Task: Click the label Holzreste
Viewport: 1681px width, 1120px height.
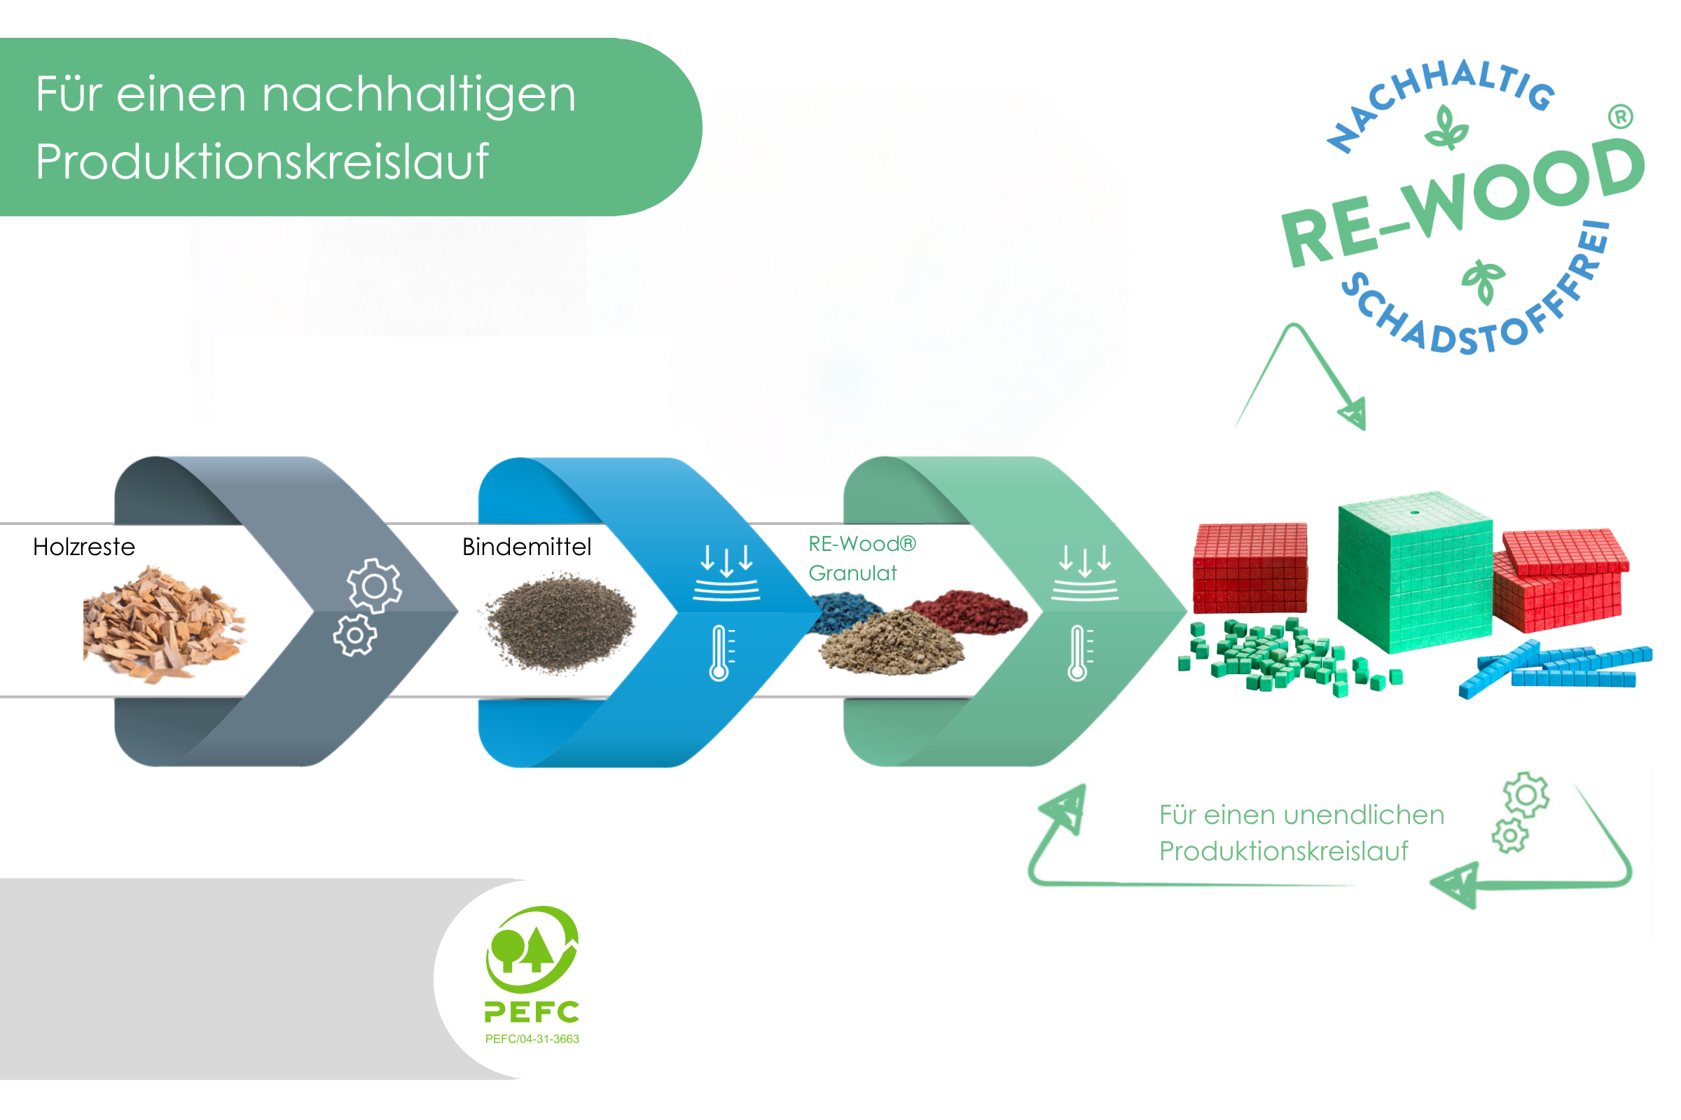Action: tap(83, 547)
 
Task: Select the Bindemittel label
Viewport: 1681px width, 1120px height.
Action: tap(527, 547)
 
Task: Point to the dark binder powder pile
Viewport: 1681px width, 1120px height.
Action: tap(560, 622)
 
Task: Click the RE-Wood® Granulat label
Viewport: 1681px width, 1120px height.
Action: tap(862, 559)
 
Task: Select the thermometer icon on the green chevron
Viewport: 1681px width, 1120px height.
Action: tap(1079, 653)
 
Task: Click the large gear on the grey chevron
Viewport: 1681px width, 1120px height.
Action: tap(374, 586)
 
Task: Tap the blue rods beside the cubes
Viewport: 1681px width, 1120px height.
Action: tap(1558, 668)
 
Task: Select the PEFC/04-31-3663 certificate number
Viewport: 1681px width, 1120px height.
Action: tap(532, 1039)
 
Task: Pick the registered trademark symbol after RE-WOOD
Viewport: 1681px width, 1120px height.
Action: tap(1621, 116)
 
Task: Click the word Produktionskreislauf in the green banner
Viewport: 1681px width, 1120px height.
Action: tap(261, 162)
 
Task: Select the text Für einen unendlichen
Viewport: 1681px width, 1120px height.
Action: tap(1301, 815)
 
